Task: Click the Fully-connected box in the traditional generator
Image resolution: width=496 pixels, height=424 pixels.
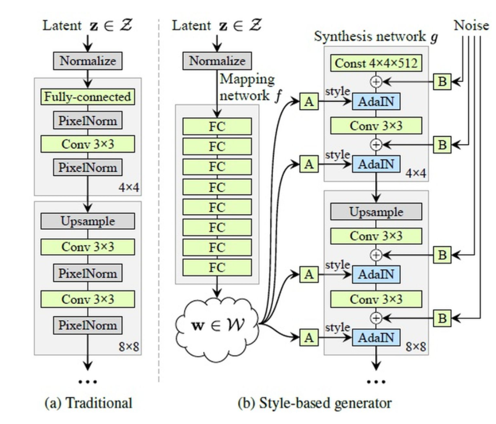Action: pos(89,97)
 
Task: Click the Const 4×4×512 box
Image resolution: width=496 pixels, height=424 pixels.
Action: pos(376,63)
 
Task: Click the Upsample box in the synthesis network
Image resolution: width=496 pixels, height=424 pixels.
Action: pos(376,212)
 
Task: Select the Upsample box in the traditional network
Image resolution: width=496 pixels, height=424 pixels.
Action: pos(89,221)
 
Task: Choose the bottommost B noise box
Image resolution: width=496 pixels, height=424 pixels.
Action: pos(441,318)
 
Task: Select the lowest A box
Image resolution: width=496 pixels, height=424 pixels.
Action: pos(308,338)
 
